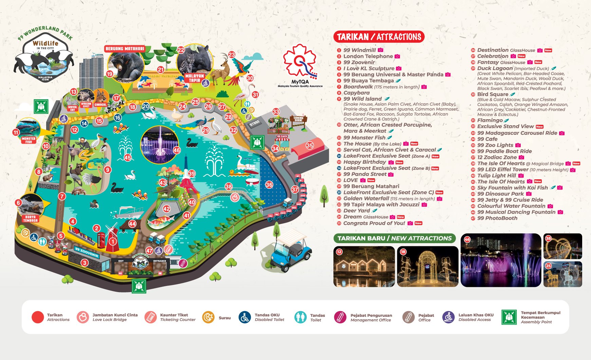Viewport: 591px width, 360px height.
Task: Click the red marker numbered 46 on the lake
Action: pos(177,150)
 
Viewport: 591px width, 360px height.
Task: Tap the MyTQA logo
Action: pos(300,66)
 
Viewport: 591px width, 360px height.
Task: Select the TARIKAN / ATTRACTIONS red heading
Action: pos(378,37)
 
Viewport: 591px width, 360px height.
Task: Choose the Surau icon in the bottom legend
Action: pos(208,318)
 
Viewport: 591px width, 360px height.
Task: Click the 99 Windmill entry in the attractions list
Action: pos(359,50)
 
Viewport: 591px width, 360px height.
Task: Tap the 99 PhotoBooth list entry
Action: pos(497,218)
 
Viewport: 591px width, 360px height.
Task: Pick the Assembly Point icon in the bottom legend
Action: pos(509,317)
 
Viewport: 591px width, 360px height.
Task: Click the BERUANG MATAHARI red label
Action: pos(125,49)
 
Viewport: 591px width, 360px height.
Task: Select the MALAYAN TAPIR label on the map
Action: pos(195,78)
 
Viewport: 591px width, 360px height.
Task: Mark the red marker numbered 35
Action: pos(310,145)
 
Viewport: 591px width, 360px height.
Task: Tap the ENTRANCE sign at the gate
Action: pos(160,261)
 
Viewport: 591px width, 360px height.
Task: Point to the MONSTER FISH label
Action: pos(29,140)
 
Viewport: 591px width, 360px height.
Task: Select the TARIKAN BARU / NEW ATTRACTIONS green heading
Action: pos(394,238)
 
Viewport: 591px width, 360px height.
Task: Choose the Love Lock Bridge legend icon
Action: pos(82,318)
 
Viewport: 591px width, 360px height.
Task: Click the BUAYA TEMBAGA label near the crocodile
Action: pos(30,218)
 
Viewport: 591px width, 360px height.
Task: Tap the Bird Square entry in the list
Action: pos(493,94)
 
